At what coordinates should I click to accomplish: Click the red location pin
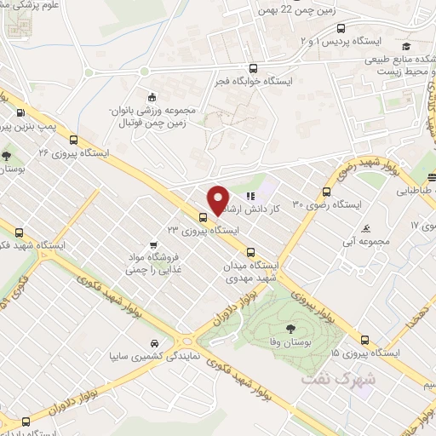click(x=218, y=198)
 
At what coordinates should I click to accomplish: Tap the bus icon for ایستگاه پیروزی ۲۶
click(x=74, y=141)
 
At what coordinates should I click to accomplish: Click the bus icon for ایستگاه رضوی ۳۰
click(x=326, y=192)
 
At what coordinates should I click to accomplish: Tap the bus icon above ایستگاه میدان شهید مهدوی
click(x=250, y=252)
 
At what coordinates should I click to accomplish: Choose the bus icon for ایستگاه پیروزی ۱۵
click(x=364, y=338)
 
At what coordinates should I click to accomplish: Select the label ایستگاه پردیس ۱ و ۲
click(x=347, y=41)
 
